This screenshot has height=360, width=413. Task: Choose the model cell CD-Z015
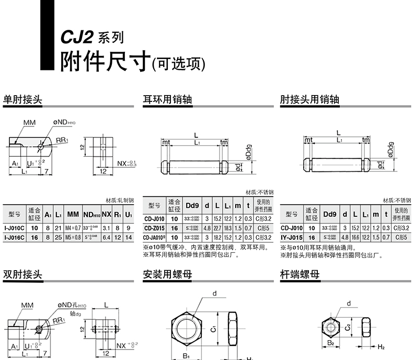click(x=154, y=228)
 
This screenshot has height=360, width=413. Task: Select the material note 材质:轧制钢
click(x=119, y=200)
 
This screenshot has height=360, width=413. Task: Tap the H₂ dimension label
click(x=381, y=347)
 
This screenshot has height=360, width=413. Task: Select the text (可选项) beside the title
click(x=177, y=64)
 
